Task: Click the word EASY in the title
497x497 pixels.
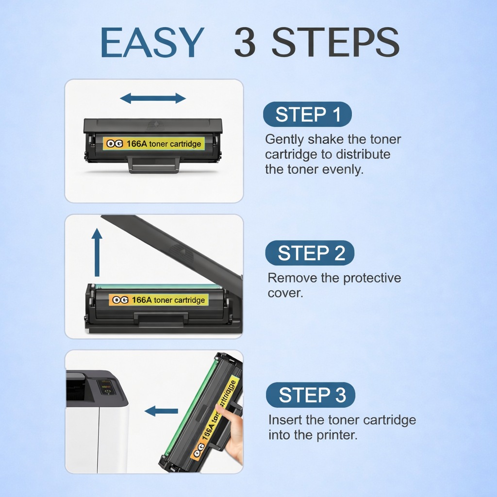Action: click(x=152, y=43)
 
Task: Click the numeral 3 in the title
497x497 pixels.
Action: click(x=245, y=43)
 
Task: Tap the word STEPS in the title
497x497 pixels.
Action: click(x=335, y=43)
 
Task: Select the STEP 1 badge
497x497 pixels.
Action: click(x=307, y=115)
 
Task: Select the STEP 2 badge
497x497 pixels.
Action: click(x=310, y=253)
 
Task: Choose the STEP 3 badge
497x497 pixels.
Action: click(x=311, y=395)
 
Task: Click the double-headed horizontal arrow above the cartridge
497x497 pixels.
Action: click(x=153, y=99)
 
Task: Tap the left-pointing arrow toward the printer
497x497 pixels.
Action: click(x=161, y=411)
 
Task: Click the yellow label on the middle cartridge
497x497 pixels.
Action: click(x=159, y=300)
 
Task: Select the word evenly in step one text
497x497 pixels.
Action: click(x=342, y=170)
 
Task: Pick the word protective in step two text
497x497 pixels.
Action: click(x=372, y=279)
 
